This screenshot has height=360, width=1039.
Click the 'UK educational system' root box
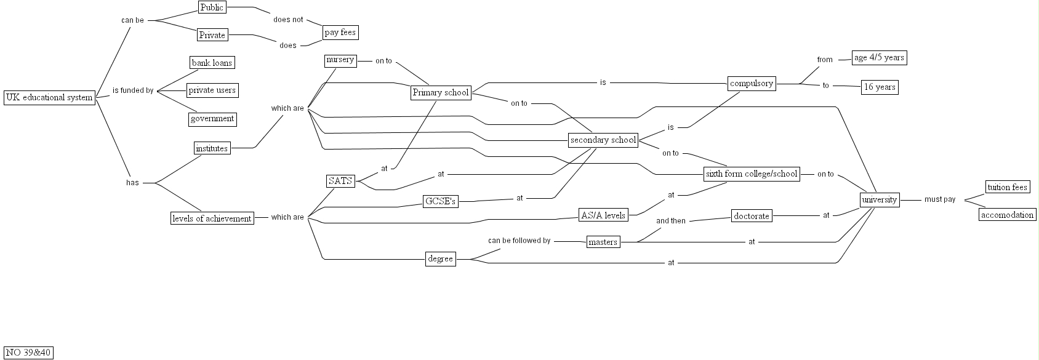[x=49, y=97]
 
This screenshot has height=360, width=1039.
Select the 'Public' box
[x=212, y=7]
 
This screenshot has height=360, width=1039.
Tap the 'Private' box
[x=212, y=35]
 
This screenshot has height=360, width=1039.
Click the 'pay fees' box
[x=340, y=33]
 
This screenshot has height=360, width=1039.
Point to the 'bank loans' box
[x=212, y=63]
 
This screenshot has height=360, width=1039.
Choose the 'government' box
[x=212, y=119]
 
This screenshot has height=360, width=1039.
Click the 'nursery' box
[x=340, y=60]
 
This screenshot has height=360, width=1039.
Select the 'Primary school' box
[x=441, y=93]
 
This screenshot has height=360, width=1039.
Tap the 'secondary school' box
[x=603, y=140]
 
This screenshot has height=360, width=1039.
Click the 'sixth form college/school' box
[x=752, y=174]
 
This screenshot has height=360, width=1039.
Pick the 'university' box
[x=880, y=200]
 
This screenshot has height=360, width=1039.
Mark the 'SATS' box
[x=340, y=181]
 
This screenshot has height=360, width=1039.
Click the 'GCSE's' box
[x=441, y=202]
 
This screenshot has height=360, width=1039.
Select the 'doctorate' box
[x=752, y=217]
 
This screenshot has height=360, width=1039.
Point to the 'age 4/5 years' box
[x=879, y=58]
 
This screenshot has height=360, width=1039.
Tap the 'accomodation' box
[x=1007, y=215]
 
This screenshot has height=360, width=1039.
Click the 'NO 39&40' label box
[x=28, y=353]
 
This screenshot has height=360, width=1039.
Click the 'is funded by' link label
[x=133, y=91]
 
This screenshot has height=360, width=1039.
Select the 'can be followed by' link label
[x=519, y=241]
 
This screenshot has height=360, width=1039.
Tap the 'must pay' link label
[x=939, y=199]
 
